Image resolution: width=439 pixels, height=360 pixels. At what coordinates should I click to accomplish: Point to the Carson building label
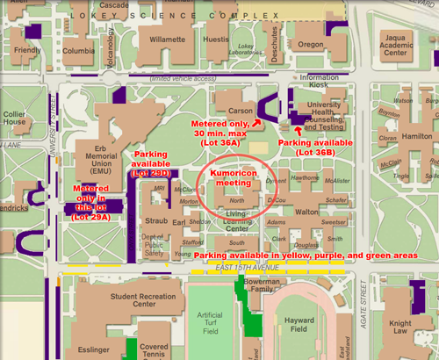241,112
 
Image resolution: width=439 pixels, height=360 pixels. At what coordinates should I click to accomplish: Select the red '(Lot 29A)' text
91,215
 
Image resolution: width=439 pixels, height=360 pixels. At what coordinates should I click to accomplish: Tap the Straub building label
155,212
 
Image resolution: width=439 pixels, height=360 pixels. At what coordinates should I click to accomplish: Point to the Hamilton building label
415,126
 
